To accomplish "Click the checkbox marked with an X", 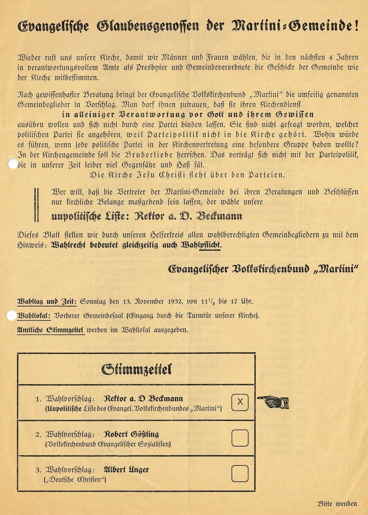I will pyautogui.click(x=240, y=402).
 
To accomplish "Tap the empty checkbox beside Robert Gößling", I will pyautogui.click(x=240, y=438).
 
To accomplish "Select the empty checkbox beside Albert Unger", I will pyautogui.click(x=240, y=473).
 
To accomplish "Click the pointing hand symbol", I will pyautogui.click(x=273, y=402).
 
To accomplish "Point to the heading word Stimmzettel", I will pyautogui.click(x=136, y=369).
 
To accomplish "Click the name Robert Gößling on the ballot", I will pyautogui.click(x=131, y=434).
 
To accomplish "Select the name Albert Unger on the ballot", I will pyautogui.click(x=126, y=470).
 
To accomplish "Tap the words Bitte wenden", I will pyautogui.click(x=337, y=504).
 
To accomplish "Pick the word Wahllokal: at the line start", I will pyautogui.click(x=34, y=316).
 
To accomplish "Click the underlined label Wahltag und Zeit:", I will pyautogui.click(x=47, y=301).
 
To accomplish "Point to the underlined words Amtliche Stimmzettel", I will pyautogui.click(x=50, y=330).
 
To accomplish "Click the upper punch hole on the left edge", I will pyautogui.click(x=12, y=164).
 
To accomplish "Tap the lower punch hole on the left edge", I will pyautogui.click(x=11, y=316).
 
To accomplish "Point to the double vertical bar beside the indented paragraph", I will pyautogui.click(x=36, y=205).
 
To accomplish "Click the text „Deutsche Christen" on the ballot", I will pyautogui.click(x=75, y=479).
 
